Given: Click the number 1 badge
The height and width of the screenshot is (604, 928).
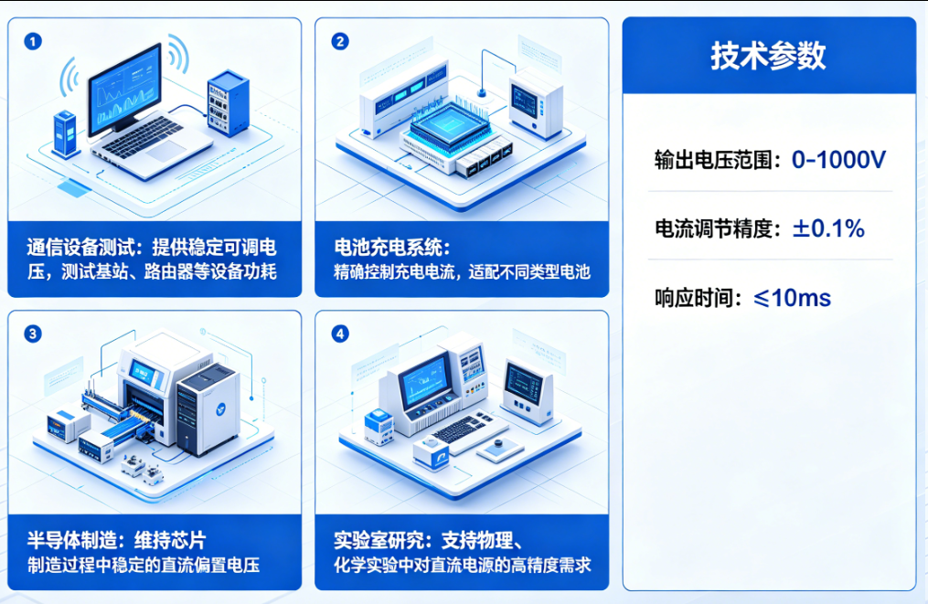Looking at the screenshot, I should pos(34,42).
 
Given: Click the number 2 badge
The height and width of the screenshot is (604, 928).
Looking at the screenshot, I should pos(340,42).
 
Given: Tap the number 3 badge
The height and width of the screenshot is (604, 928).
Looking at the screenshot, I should pos(34,334).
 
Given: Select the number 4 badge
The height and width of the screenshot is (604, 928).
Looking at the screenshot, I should pos(340,334).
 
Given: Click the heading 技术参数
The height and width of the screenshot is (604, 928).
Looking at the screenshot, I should pos(768,56).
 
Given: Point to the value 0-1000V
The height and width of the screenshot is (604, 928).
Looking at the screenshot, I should pos(838,160).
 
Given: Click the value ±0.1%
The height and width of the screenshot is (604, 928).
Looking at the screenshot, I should pos(828,228).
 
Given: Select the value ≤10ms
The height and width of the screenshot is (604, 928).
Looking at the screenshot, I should pos(792,298).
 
